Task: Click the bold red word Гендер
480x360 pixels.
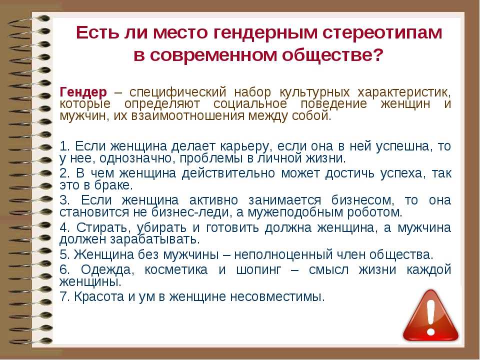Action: [x=83, y=92]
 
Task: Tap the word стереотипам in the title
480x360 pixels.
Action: [x=382, y=32]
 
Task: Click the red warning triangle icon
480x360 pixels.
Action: [x=430, y=315]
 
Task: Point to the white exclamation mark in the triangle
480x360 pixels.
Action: [x=430, y=317]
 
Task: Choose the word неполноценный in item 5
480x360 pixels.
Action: [x=283, y=255]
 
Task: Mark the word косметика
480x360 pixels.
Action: [x=176, y=269]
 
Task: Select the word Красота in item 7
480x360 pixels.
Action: [x=99, y=296]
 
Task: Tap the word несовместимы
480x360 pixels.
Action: [x=277, y=297]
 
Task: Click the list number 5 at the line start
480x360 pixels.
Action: [x=64, y=255]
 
